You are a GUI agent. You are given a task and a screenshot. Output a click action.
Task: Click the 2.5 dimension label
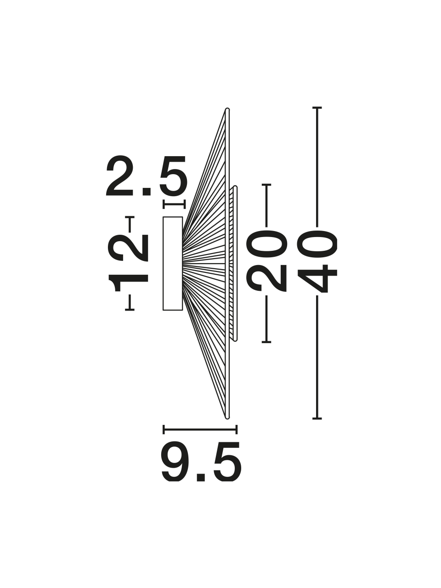(x=147, y=176)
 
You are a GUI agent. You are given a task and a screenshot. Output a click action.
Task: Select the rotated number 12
(x=128, y=263)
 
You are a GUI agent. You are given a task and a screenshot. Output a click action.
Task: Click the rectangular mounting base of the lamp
(x=173, y=264)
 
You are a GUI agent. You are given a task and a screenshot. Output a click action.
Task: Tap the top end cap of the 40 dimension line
(x=317, y=107)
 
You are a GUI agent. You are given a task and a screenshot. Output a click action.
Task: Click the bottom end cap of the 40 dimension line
(x=317, y=418)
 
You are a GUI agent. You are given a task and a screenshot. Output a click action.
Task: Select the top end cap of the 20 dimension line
(x=266, y=185)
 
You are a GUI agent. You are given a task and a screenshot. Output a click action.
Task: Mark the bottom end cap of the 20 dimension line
(x=266, y=342)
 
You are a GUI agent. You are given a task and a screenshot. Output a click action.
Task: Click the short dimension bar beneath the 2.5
(x=174, y=204)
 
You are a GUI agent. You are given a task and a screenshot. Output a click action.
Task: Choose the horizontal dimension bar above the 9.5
(x=200, y=429)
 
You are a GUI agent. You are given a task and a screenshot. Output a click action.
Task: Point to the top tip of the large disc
(x=227, y=109)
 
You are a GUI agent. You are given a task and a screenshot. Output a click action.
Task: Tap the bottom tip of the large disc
(x=227, y=418)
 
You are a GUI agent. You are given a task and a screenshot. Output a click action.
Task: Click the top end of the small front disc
(x=235, y=187)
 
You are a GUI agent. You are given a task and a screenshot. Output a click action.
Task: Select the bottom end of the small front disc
(x=235, y=340)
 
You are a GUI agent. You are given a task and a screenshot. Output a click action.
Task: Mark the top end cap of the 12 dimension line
(x=130, y=217)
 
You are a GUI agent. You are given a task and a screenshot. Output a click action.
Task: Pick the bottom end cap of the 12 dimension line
(x=130, y=310)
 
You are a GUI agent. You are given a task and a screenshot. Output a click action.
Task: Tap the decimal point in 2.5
(x=147, y=192)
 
